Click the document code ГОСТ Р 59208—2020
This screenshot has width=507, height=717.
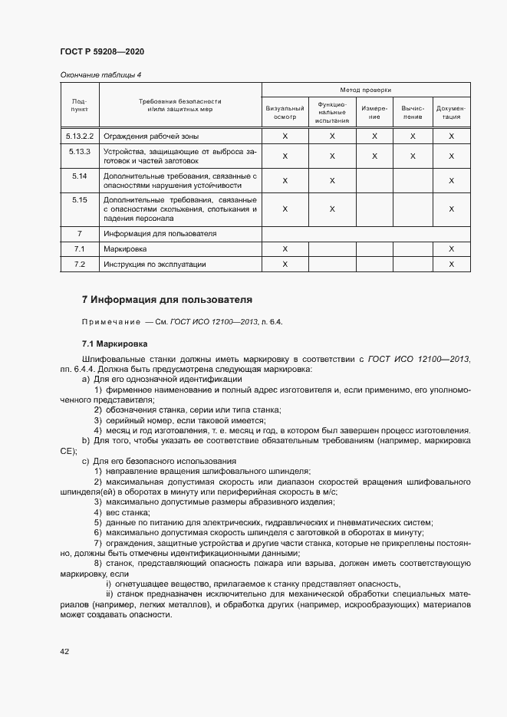101,51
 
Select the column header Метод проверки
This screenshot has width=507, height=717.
366,90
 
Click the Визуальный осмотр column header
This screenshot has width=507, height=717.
285,113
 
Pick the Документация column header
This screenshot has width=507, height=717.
451,113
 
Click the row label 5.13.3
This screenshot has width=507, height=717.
79,151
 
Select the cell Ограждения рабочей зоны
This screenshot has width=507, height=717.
151,136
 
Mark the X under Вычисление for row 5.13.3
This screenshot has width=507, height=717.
413,156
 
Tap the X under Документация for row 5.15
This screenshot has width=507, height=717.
451,209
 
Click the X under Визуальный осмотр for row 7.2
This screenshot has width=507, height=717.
285,264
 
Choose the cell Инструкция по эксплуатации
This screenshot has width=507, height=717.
155,264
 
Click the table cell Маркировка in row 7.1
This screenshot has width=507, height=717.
125,249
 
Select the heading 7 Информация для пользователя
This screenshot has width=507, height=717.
166,299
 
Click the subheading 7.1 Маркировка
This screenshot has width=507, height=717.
115,344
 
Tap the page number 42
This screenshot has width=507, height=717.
64,651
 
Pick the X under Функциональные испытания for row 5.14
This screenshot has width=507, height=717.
332,181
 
